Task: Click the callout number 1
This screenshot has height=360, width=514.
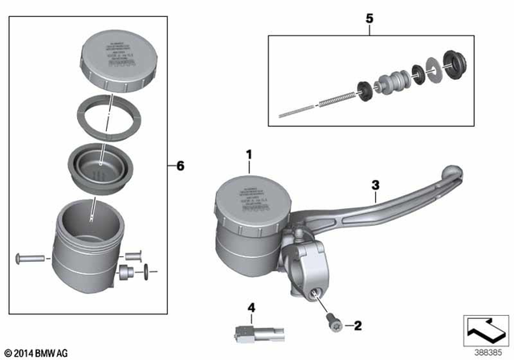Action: coord(249,153)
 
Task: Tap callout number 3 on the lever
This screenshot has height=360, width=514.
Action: coord(375,185)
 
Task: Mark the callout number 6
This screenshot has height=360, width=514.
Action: coord(180,166)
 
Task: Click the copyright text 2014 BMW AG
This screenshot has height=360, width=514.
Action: coord(37,353)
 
